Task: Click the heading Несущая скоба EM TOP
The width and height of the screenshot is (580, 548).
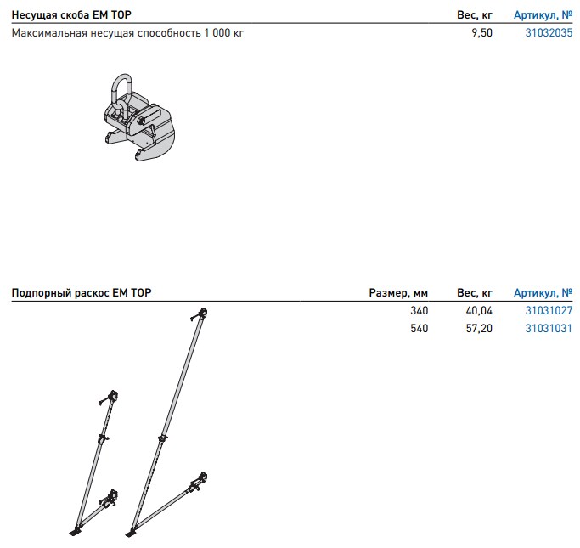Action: (x=71, y=15)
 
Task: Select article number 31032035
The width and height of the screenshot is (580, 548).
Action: (x=549, y=33)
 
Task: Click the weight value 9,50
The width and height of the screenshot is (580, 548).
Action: (x=481, y=33)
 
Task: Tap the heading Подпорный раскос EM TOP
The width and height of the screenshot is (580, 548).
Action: (x=82, y=293)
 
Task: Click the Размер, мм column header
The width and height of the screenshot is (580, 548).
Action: (x=398, y=293)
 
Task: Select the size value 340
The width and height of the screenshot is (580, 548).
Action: (x=419, y=311)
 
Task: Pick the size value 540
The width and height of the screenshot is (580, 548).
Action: (x=419, y=328)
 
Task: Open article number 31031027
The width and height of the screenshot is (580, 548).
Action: (x=549, y=311)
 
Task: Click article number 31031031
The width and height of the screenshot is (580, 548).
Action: (x=549, y=328)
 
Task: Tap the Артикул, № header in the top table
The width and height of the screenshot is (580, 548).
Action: (x=543, y=15)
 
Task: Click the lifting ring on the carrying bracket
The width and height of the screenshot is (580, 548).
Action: (x=119, y=88)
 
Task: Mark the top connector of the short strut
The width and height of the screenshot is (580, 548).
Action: (x=110, y=397)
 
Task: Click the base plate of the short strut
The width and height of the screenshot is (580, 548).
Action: (x=75, y=532)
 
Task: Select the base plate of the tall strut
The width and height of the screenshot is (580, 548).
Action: (x=132, y=535)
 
